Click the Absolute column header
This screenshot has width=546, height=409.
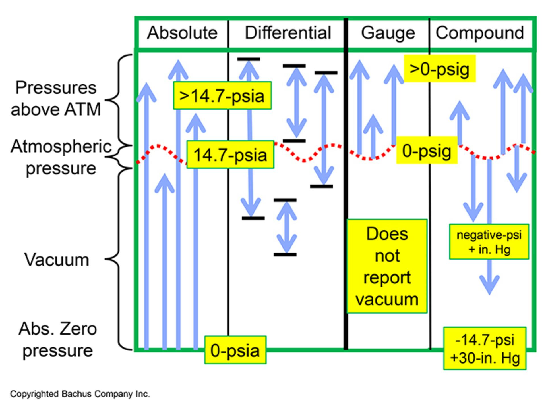(182, 33)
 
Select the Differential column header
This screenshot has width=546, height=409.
(288, 33)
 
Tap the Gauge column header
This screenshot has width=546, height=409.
(388, 33)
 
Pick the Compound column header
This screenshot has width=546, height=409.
(480, 33)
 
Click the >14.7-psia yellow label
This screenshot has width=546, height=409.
(222, 96)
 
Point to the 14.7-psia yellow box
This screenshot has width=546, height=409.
(230, 155)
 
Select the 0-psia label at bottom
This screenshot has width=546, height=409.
(235, 350)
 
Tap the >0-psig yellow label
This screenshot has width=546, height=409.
(440, 69)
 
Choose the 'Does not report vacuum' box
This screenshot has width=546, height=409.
(387, 266)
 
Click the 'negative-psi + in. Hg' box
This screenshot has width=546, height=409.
(489, 242)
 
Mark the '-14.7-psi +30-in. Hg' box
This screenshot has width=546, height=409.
(485, 348)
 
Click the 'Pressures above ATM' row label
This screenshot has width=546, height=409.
(56, 98)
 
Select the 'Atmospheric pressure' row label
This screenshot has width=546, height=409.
(61, 157)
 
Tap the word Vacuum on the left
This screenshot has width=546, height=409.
(57, 259)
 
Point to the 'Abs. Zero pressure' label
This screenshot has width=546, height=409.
(58, 339)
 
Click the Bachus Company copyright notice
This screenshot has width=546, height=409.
(80, 394)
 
